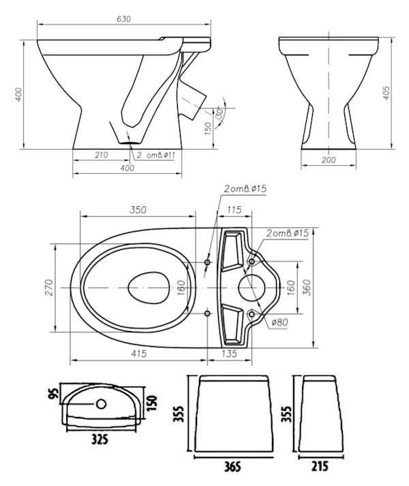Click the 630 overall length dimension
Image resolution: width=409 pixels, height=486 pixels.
coord(123,19)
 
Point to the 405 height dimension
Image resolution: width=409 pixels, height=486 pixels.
coord(387,93)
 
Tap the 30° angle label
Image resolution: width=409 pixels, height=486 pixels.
coord(219,113)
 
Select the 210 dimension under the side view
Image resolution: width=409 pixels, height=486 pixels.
coord(102,155)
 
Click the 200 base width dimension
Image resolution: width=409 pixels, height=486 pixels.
coord(329,160)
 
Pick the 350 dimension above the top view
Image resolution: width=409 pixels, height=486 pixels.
coord(138,210)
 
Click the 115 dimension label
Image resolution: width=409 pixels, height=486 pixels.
coord(234,210)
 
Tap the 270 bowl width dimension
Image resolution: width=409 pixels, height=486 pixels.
coord(50,287)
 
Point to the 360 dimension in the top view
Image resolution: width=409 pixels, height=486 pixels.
coord(306,287)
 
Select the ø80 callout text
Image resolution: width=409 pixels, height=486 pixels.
coord(279,322)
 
